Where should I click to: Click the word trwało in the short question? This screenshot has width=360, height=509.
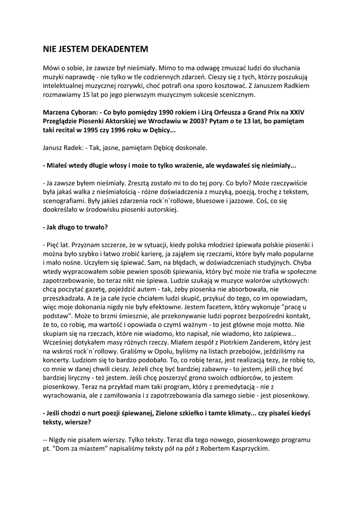(93, 227)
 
